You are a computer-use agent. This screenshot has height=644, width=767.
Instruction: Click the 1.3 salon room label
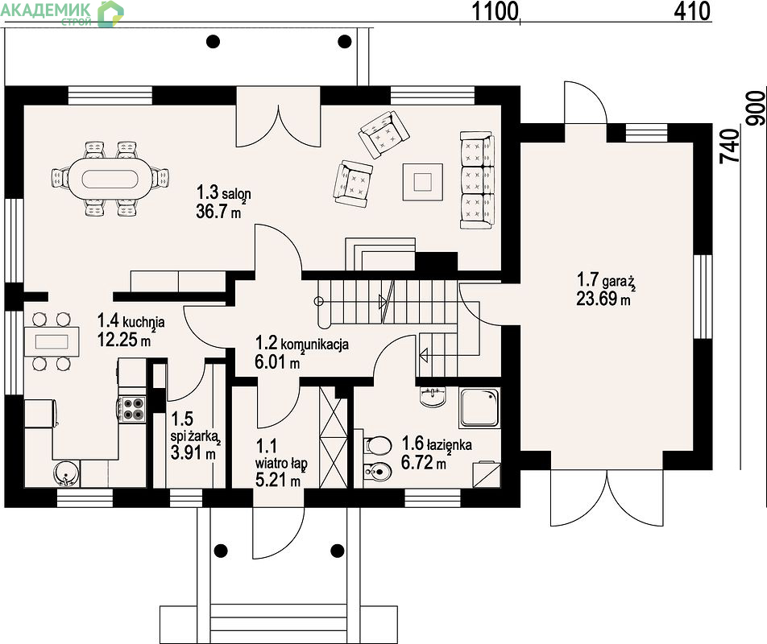pos(223,192)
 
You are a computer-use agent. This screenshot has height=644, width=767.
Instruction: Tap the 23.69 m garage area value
pos(603,299)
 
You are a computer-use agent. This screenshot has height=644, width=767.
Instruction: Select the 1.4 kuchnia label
pos(131,321)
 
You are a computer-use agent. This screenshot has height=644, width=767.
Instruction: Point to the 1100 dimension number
pos(495,11)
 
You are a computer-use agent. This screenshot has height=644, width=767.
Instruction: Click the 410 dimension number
pos(691,11)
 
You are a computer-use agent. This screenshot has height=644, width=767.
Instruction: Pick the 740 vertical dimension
pos(729,146)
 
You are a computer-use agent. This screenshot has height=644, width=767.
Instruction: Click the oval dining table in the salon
pos(111,179)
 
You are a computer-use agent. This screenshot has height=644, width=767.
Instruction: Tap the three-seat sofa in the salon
pos(476,180)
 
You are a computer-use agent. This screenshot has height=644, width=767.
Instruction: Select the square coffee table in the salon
pos(423,182)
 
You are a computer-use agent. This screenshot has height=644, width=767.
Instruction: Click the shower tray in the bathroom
pos(479,407)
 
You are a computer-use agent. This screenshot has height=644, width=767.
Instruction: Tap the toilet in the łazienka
pos(377,445)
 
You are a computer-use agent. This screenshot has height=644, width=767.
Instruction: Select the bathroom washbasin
pos(433,397)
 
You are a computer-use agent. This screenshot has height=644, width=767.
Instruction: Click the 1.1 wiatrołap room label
pos(281,454)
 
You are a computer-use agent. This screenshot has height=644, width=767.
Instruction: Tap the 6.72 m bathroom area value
pos(424,462)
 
